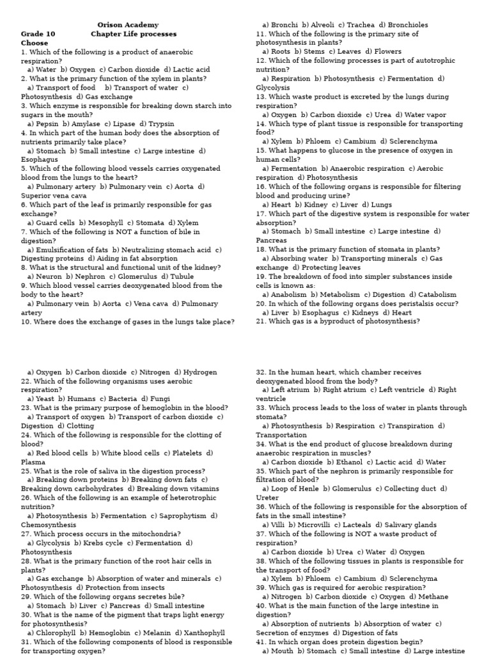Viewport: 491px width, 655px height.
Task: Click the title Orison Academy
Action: (x=128, y=25)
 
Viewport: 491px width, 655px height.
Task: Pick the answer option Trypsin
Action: (x=162, y=123)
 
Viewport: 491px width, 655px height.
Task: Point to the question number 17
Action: (x=261, y=214)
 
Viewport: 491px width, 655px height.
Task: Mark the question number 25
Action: (x=26, y=471)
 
